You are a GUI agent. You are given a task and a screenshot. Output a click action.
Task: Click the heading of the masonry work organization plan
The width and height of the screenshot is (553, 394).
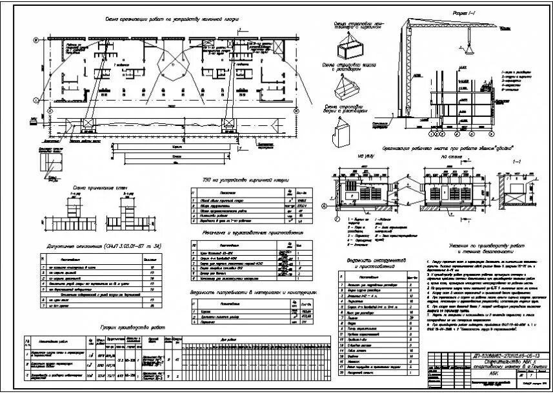click(174, 20)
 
